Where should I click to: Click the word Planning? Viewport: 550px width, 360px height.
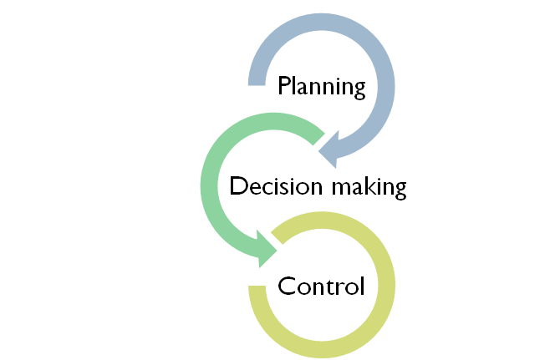[x=322, y=86]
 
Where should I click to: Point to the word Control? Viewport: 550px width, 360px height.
[x=321, y=286]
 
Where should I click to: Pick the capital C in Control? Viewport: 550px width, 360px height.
[x=287, y=286]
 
